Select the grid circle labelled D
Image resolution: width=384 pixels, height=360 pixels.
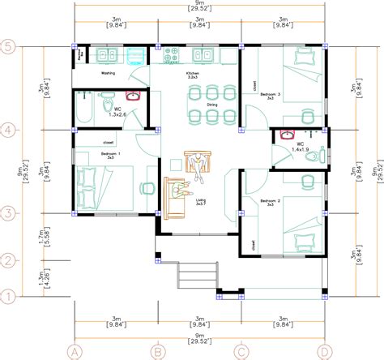coord(324,352)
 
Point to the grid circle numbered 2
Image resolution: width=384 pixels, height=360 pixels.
coord(9,260)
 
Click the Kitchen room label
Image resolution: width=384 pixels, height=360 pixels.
coord(192,74)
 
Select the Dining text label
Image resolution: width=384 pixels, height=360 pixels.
coord(211,104)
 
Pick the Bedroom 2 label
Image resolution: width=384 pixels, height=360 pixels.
coord(271,199)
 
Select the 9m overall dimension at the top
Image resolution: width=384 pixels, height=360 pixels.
coord(199,6)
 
